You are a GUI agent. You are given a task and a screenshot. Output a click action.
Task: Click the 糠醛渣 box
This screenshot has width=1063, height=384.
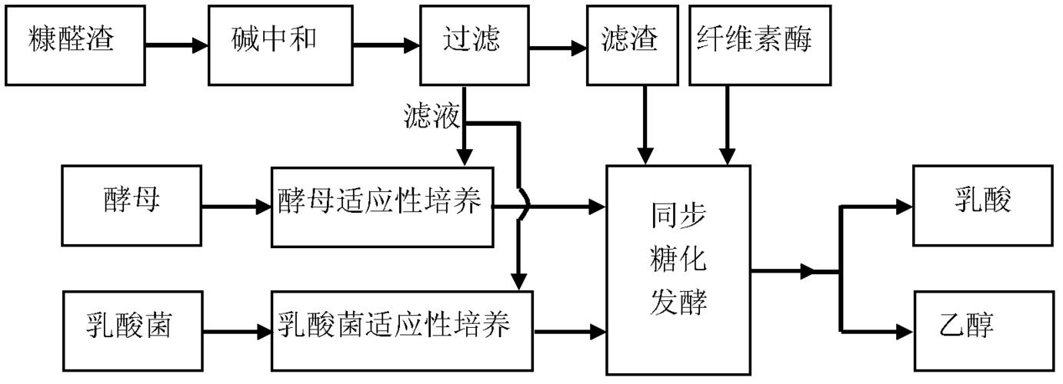pos(75,44)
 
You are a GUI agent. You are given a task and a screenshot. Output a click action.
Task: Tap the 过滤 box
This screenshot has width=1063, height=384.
pos(471,45)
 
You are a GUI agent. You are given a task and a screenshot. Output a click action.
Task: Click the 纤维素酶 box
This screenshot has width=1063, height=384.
pos(755,45)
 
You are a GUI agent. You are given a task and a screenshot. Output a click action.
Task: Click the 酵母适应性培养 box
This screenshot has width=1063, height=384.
pos(382,205)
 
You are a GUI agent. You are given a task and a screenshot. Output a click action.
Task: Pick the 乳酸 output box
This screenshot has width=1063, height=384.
pos(982,204)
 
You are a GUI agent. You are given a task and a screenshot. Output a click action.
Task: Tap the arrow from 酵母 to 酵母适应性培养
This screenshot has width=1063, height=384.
pos(235,206)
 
